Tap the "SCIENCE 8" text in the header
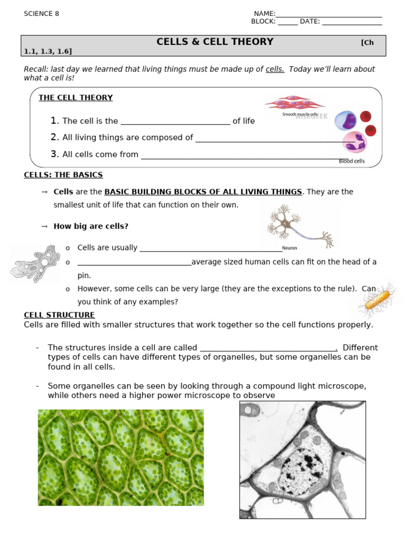pyautogui.click(x=41, y=14)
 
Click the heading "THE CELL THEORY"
pyautogui.click(x=75, y=97)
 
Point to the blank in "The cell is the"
pyautogui.click(x=175, y=121)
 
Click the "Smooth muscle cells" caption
pyautogui.click(x=300, y=114)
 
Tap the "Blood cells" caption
pyautogui.click(x=351, y=161)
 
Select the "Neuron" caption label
pyautogui.click(x=289, y=248)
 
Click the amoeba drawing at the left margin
pyautogui.click(x=35, y=263)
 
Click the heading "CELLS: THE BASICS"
pyautogui.click(x=63, y=175)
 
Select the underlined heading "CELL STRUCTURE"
pyautogui.click(x=59, y=315)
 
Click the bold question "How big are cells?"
pyautogui.click(x=91, y=226)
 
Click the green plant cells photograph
pyautogui.click(x=121, y=457)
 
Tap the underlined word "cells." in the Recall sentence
pyautogui.click(x=275, y=69)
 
